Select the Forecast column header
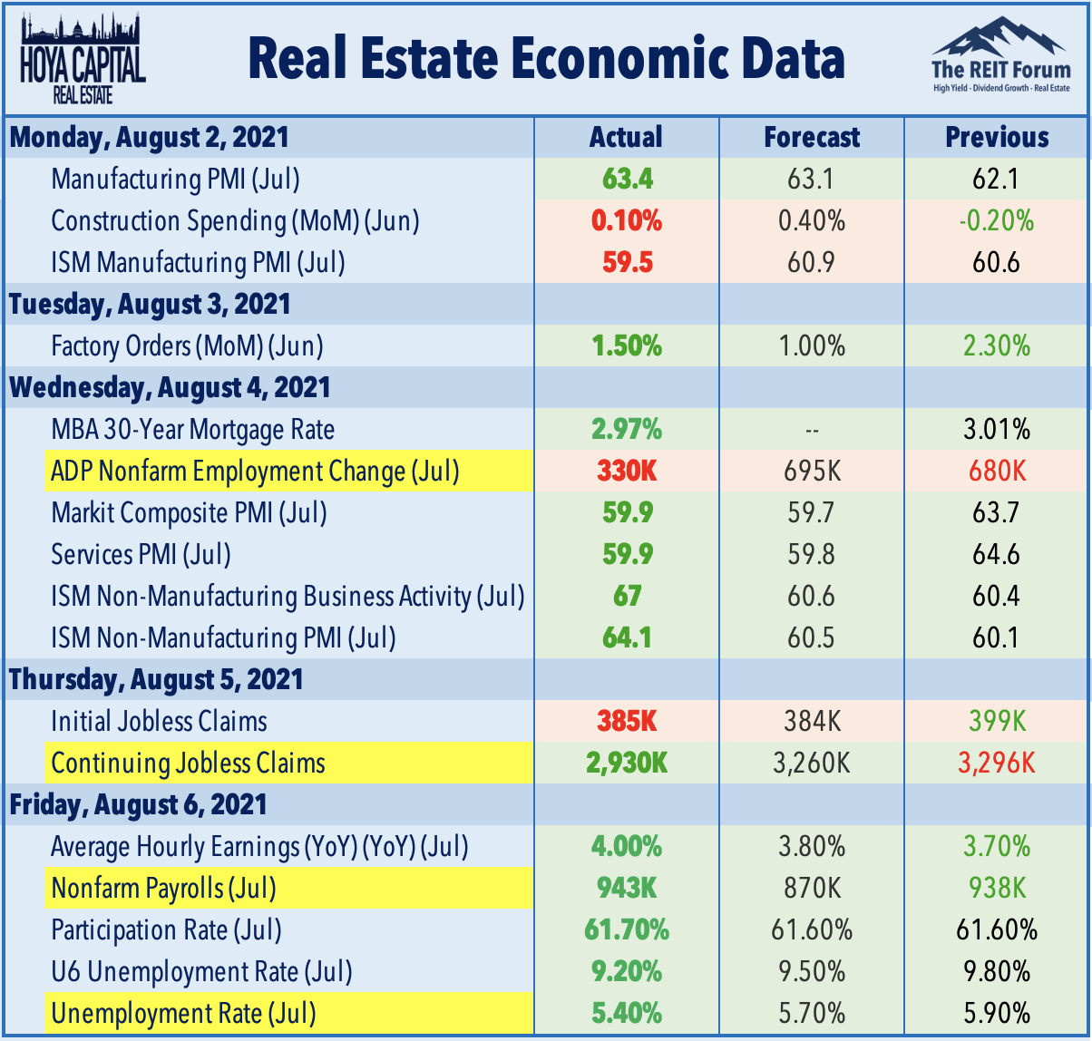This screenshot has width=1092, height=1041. (x=812, y=137)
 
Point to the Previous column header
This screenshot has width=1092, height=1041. (x=997, y=137)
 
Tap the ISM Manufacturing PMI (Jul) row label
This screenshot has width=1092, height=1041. (x=199, y=263)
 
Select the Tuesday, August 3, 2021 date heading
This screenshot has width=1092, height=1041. (x=150, y=304)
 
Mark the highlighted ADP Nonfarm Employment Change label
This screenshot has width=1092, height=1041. (x=255, y=472)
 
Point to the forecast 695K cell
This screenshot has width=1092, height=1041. (x=812, y=472)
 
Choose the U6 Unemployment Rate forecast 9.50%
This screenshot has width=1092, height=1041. (x=812, y=972)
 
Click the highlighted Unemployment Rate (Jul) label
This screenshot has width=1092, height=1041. (x=184, y=1013)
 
